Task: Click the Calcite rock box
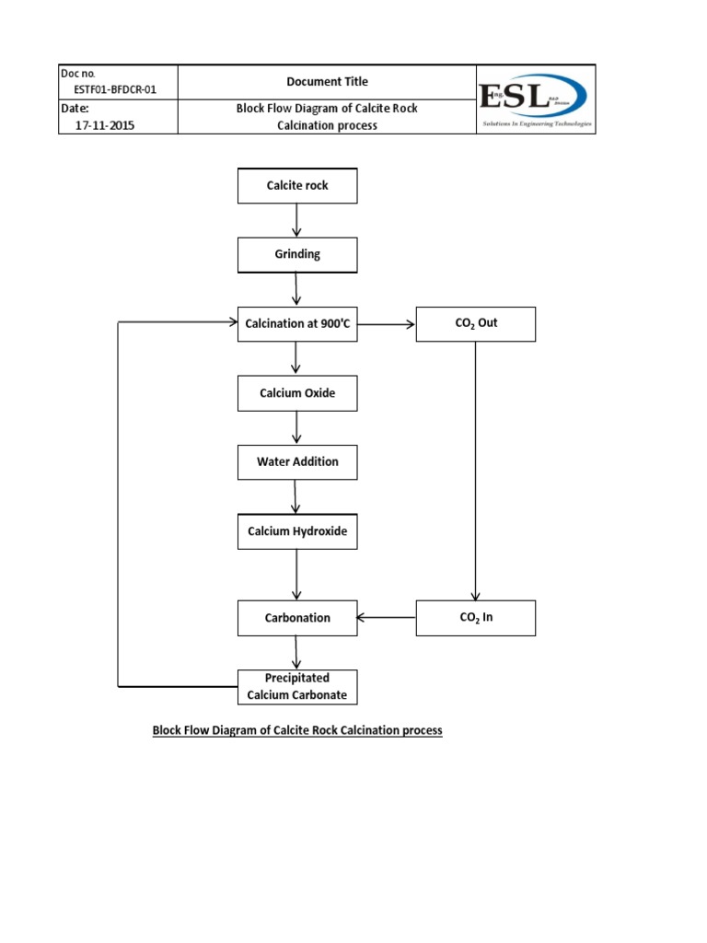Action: [297, 186]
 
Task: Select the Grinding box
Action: [297, 255]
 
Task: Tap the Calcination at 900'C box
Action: [297, 323]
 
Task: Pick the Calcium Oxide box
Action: [297, 393]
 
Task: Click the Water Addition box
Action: [297, 462]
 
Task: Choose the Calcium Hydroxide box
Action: [297, 531]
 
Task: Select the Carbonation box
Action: [297, 618]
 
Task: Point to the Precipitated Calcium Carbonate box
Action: [297, 687]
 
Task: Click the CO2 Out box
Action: [475, 323]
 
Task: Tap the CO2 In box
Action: [475, 618]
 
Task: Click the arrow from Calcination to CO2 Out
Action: [387, 323]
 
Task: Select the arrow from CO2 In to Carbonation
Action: [387, 618]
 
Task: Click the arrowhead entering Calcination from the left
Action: [232, 322]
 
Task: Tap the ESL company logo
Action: [536, 99]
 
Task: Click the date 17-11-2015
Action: [97, 125]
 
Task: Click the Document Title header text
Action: [327, 82]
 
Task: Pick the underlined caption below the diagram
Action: [297, 730]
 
